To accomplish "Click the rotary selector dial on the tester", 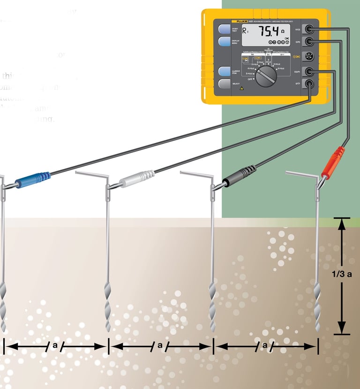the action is click(x=266, y=74).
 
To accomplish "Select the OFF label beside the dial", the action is click(x=251, y=80).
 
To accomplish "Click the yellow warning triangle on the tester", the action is click(x=241, y=88).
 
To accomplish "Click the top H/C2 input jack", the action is click(x=309, y=29).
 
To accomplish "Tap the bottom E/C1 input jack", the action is click(x=309, y=84).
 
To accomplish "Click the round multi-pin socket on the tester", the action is click(x=309, y=56).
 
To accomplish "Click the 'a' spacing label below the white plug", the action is click(x=160, y=345).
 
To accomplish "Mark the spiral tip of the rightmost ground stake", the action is click(x=318, y=310).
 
